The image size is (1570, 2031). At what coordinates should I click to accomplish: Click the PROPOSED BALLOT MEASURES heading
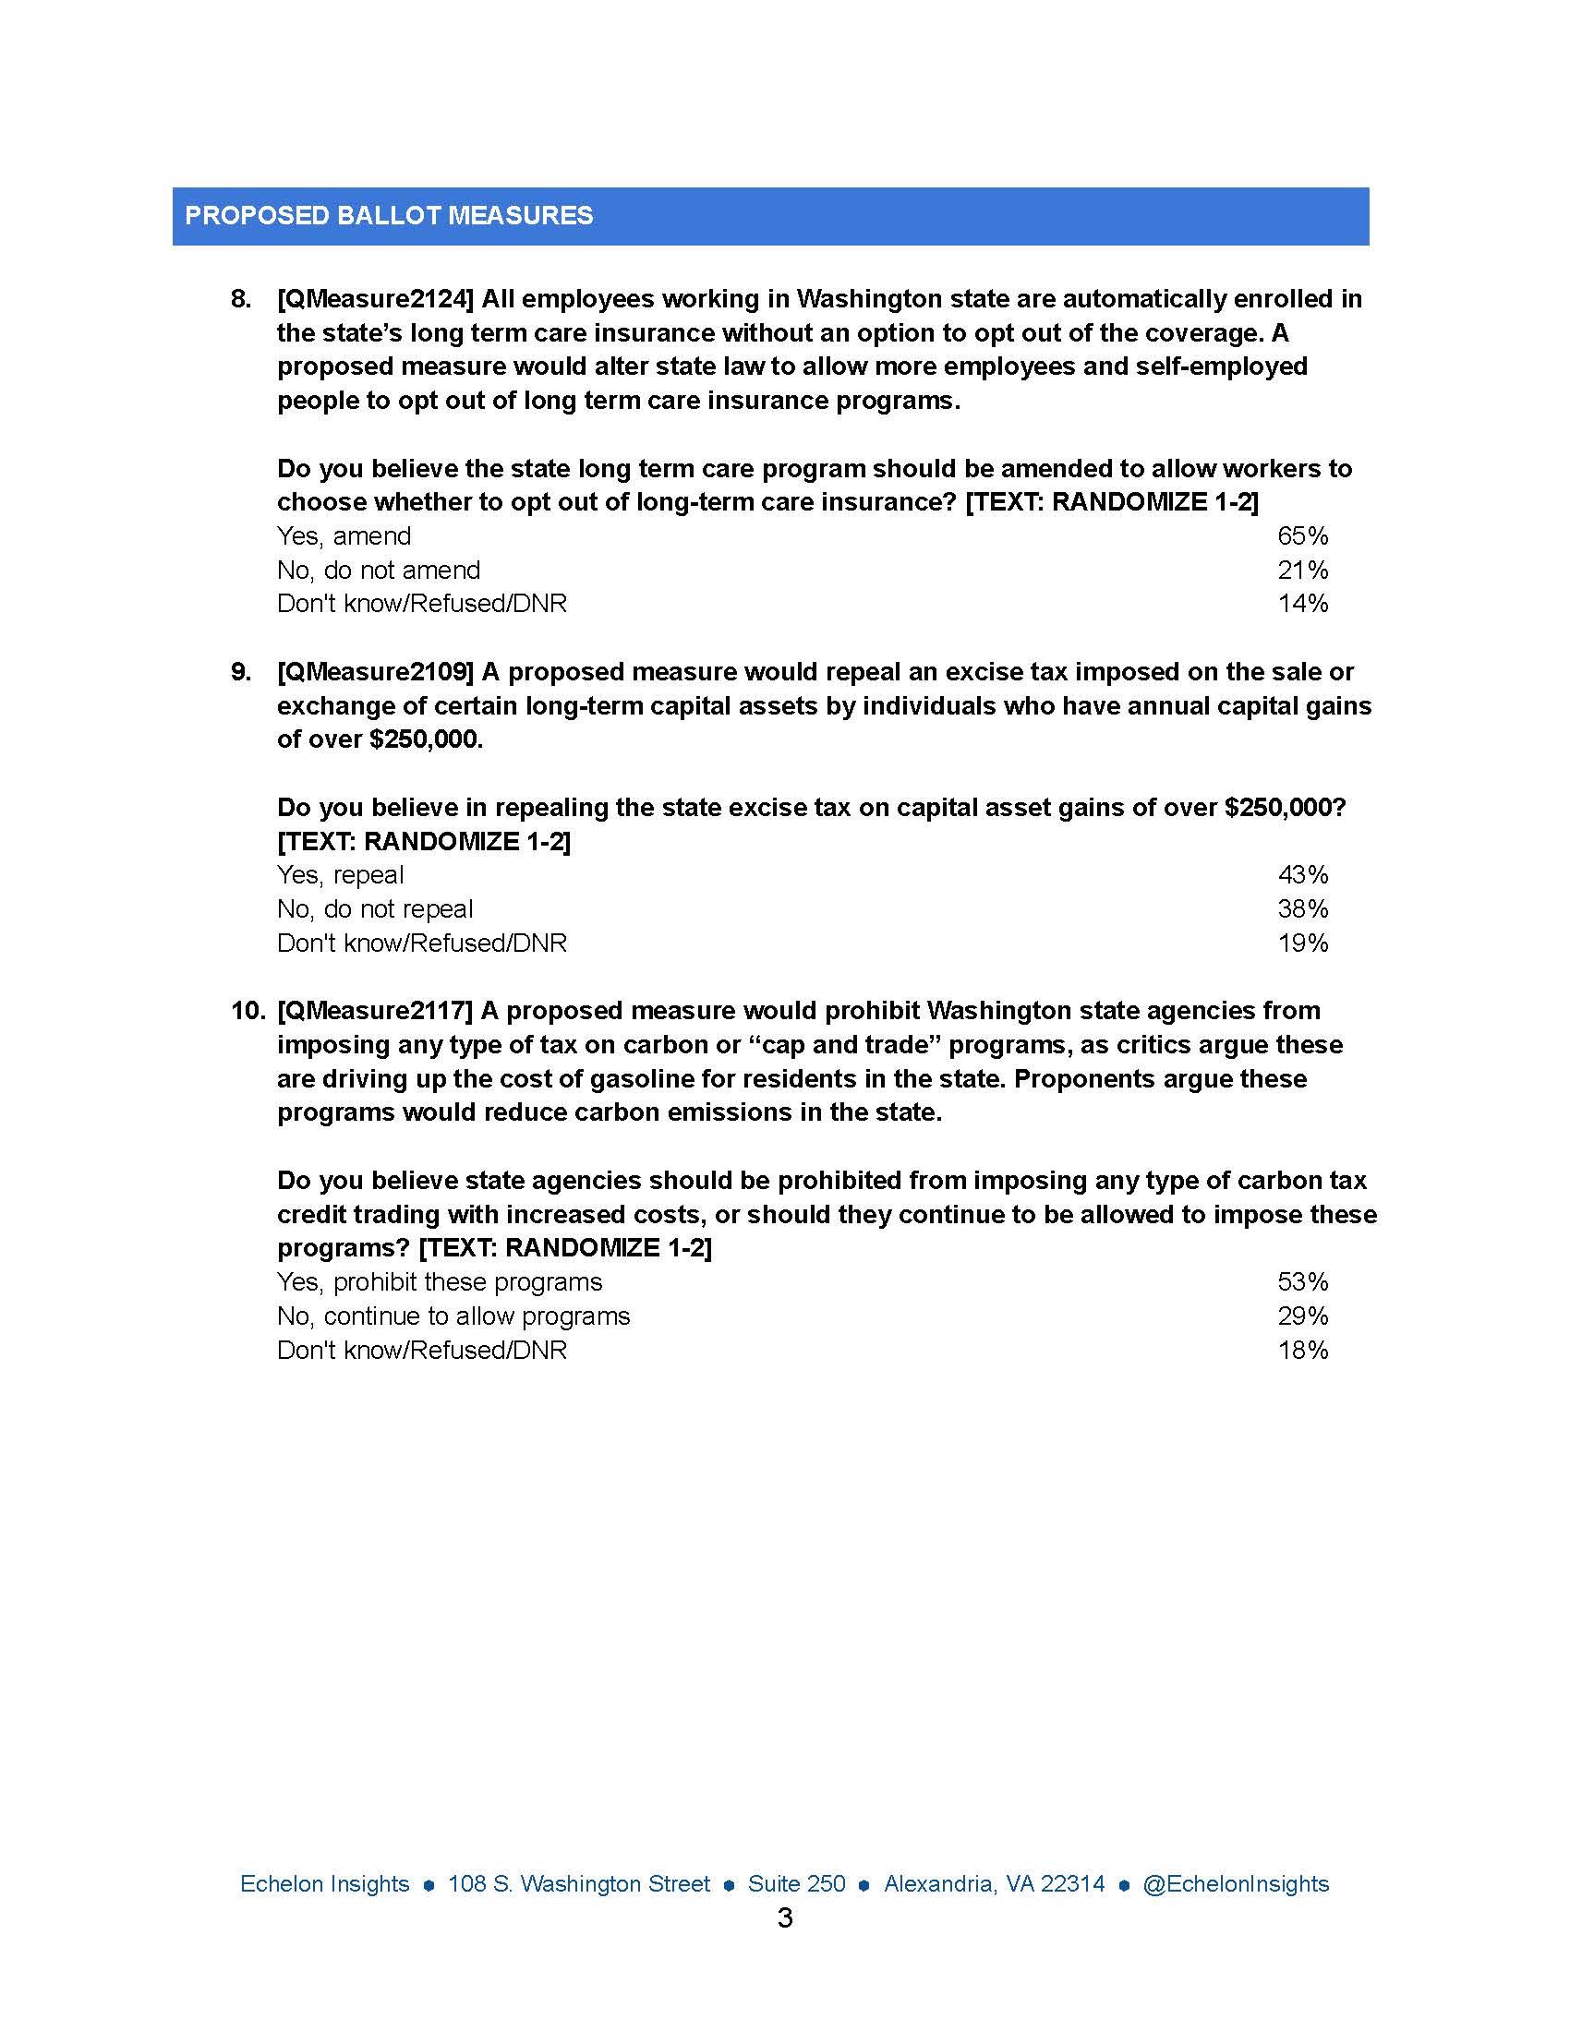pyautogui.click(x=389, y=216)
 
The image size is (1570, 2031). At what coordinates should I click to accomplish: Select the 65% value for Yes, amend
pyautogui.click(x=1302, y=536)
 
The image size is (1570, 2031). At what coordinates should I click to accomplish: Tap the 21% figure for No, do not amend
pyautogui.click(x=1302, y=570)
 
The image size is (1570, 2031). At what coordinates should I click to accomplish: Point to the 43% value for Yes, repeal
pyautogui.click(x=1302, y=875)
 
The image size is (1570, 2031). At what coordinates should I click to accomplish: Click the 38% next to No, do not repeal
pyautogui.click(x=1302, y=908)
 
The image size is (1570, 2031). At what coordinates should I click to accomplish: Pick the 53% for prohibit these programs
pyautogui.click(x=1302, y=1282)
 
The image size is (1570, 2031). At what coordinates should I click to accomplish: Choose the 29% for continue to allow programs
pyautogui.click(x=1302, y=1316)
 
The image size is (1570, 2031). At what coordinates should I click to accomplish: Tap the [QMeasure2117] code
pyautogui.click(x=376, y=1011)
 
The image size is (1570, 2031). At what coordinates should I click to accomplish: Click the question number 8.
pyautogui.click(x=241, y=299)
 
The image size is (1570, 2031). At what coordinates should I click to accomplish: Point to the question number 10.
pyautogui.click(x=248, y=1011)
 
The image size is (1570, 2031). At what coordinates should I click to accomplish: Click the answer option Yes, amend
pyautogui.click(x=344, y=536)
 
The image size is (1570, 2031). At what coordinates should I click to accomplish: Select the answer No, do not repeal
pyautogui.click(x=375, y=908)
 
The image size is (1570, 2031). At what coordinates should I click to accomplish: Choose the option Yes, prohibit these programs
pyautogui.click(x=439, y=1282)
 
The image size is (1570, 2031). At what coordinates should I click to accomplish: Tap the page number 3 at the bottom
pyautogui.click(x=784, y=1917)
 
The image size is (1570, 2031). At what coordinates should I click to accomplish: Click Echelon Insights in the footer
pyautogui.click(x=324, y=1884)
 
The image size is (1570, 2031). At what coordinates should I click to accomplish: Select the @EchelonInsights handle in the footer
pyautogui.click(x=1235, y=1884)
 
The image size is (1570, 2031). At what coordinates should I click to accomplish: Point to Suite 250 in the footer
pyautogui.click(x=797, y=1884)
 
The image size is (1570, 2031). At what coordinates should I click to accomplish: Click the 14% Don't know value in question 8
pyautogui.click(x=1302, y=604)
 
